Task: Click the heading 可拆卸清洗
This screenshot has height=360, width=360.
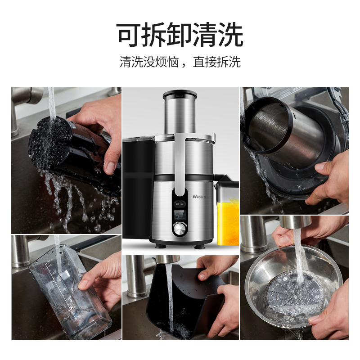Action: click(180, 35)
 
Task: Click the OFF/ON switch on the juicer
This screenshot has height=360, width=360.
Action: click(180, 203)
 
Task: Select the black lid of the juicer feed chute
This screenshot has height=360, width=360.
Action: click(180, 95)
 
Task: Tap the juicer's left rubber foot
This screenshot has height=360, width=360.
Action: click(160, 246)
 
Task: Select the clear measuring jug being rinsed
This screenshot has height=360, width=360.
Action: click(67, 292)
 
